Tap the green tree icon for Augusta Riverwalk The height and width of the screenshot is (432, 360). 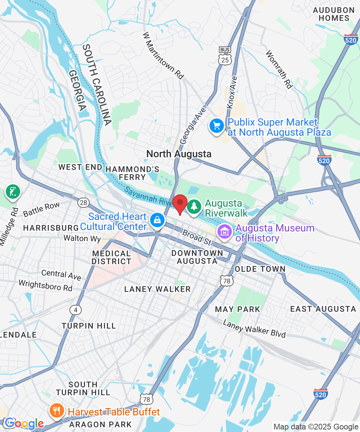[x=194, y=207]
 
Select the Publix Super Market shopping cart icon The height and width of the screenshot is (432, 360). [x=217, y=126]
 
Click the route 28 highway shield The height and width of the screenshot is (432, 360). [x=84, y=203]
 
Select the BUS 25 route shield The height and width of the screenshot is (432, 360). [x=225, y=58]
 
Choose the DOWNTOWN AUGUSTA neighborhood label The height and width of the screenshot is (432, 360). [x=197, y=257]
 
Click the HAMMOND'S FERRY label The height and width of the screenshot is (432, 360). [x=132, y=173]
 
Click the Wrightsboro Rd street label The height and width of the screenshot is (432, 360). [x=45, y=285]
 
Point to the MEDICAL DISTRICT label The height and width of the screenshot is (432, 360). [x=111, y=257]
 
